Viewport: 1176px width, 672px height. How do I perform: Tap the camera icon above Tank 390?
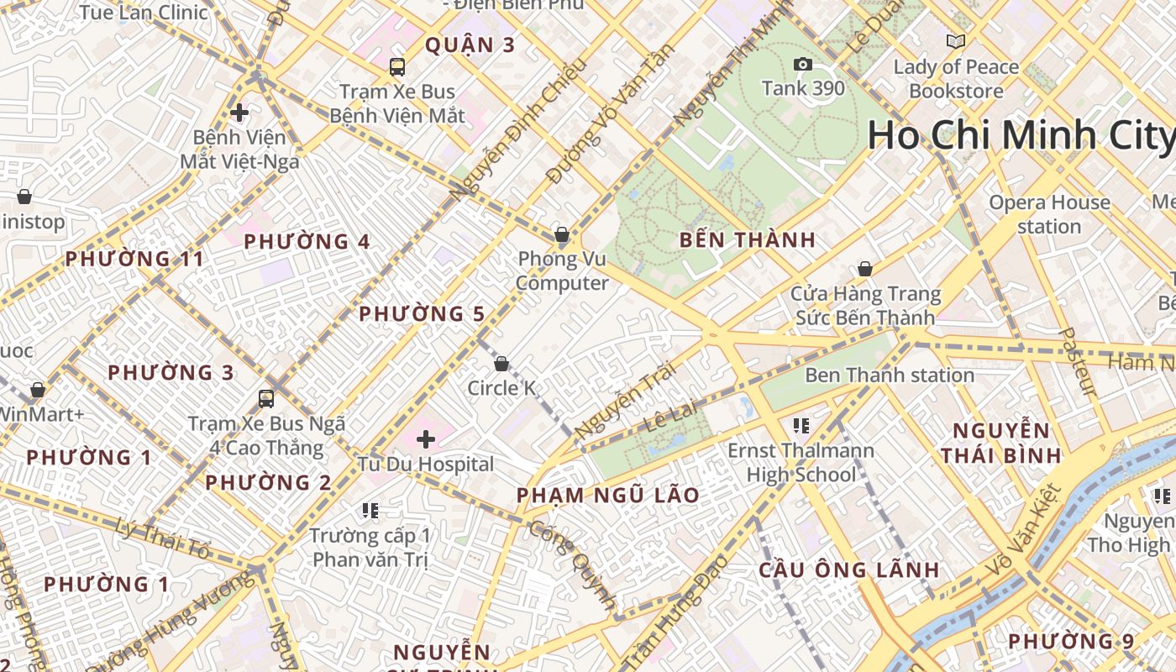pyautogui.click(x=802, y=65)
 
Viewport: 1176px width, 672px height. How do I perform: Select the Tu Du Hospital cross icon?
pyautogui.click(x=426, y=438)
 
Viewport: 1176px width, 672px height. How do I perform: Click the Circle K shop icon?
pyautogui.click(x=501, y=364)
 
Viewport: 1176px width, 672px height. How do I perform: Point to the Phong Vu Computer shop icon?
pyautogui.click(x=562, y=234)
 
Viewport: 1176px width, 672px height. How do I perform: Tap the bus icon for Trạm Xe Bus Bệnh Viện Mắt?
pyautogui.click(x=397, y=66)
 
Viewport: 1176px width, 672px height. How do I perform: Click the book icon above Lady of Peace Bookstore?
pyautogui.click(x=955, y=41)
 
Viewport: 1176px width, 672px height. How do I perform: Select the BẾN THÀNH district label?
pyautogui.click(x=748, y=240)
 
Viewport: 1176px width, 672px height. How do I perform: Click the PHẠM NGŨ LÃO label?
pyautogui.click(x=608, y=496)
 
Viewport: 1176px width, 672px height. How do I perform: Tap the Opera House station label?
pyautogui.click(x=1049, y=214)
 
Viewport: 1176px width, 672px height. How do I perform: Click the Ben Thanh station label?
pyautogui.click(x=890, y=375)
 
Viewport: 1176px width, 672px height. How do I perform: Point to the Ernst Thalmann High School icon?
pyautogui.click(x=801, y=426)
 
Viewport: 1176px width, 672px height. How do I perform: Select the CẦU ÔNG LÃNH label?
pyautogui.click(x=848, y=570)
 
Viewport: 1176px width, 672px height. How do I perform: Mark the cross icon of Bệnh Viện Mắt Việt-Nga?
pyautogui.click(x=239, y=112)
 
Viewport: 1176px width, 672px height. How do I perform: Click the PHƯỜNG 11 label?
pyautogui.click(x=134, y=259)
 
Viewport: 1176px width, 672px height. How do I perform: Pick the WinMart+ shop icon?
pyautogui.click(x=38, y=390)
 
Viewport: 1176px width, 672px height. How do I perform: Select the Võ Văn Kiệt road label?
pyautogui.click(x=1022, y=530)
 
